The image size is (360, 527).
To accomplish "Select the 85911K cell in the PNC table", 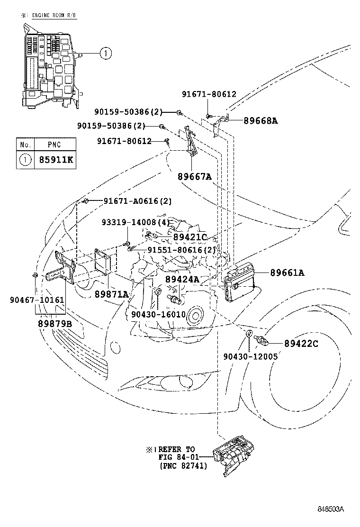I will (x=54, y=160).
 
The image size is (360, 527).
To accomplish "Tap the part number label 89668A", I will (x=261, y=120).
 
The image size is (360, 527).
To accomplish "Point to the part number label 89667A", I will (x=194, y=177).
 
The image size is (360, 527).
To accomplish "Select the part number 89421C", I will (x=190, y=237).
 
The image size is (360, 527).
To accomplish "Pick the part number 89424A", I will (x=182, y=279).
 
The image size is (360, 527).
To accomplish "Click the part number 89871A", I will (x=111, y=294).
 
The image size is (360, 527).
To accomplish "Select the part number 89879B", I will (x=55, y=323).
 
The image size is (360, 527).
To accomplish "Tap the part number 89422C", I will (x=301, y=343).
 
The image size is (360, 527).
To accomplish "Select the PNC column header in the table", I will (x=54, y=144).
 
